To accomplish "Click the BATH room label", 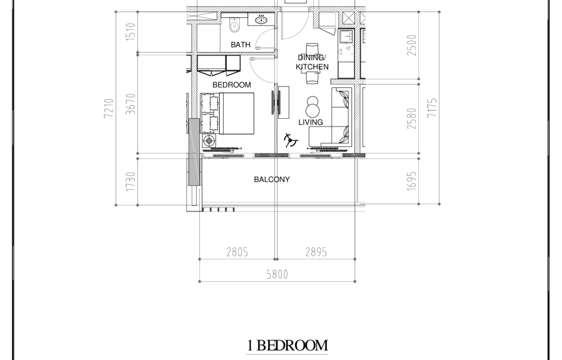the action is [240, 44].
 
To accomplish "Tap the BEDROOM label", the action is [231, 85].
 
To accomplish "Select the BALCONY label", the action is [271, 179].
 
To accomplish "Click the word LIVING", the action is [311, 122].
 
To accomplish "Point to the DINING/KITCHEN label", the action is [312, 62].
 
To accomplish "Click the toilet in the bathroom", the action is [234, 24].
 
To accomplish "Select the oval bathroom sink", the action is [261, 19].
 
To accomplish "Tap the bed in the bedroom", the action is [236, 113].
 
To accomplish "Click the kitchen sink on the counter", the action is [347, 36].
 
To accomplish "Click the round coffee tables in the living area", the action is [313, 106].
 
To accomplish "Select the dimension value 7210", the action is [109, 108].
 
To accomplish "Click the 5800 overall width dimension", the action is [277, 275].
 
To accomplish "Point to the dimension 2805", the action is [237, 253].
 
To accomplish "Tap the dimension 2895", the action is [316, 253].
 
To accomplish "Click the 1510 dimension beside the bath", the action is [131, 32].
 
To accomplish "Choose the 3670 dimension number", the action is [131, 104].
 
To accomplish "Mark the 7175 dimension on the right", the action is [433, 107].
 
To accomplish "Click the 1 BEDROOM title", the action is [287, 346].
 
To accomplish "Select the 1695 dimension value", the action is [412, 181].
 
